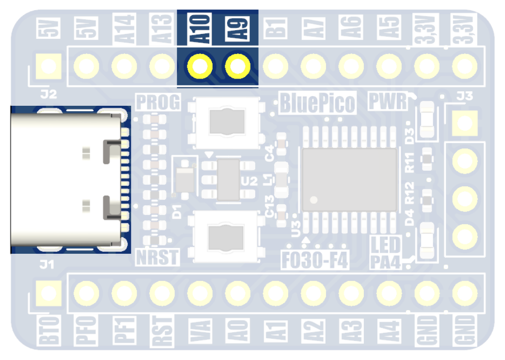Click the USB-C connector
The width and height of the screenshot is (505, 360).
click(x=65, y=180)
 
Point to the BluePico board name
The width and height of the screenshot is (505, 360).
click(x=318, y=103)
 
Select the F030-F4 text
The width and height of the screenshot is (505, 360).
click(x=315, y=260)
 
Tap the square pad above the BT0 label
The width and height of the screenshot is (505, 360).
click(x=49, y=293)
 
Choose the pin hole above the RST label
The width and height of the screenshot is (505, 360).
click(x=162, y=293)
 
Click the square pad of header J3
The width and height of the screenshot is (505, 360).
click(x=464, y=123)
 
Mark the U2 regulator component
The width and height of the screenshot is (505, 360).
click(x=228, y=180)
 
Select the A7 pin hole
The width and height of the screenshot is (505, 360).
click(x=313, y=66)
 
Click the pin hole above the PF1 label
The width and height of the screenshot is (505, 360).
click(x=124, y=293)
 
